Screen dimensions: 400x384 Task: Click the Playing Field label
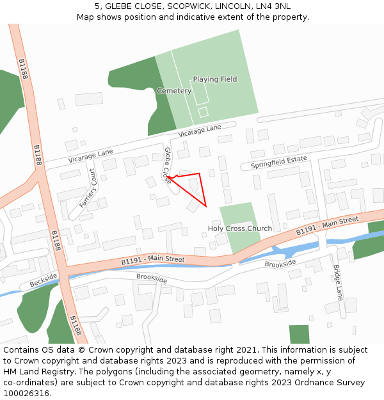click(x=215, y=79)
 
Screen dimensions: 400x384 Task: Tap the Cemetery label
click(x=174, y=91)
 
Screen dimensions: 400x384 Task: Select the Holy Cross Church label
click(x=239, y=228)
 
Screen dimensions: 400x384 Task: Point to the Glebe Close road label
click(x=168, y=166)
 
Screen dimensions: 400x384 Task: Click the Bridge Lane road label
click(x=338, y=282)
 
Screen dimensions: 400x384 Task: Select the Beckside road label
click(x=43, y=280)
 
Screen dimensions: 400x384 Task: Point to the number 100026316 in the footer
click(x=26, y=394)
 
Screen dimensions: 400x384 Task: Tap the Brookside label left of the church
click(x=152, y=279)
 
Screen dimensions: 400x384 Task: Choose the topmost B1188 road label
click(x=24, y=69)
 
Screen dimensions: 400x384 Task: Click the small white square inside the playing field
click(x=203, y=112)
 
